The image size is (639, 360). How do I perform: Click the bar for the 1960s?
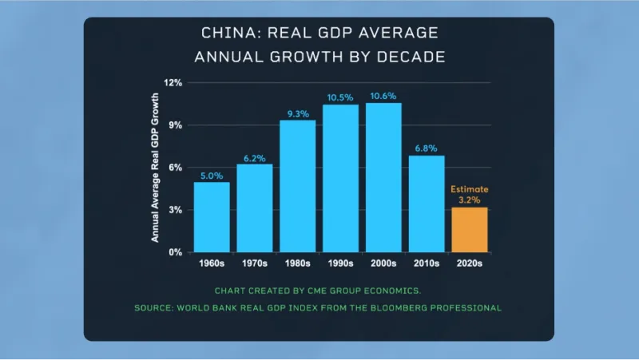pyautogui.click(x=212, y=216)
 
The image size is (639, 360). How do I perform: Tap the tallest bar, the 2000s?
pyautogui.click(x=383, y=177)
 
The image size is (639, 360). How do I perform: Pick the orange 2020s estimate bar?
pyautogui.click(x=470, y=229)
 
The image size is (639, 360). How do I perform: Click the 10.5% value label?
pyautogui.click(x=340, y=97)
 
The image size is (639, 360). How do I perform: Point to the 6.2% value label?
pyautogui.click(x=255, y=157)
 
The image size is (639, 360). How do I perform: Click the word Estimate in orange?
pyautogui.click(x=470, y=189)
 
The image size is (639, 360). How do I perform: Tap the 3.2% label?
pyautogui.click(x=470, y=200)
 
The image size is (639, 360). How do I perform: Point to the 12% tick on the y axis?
pyautogui.click(x=173, y=82)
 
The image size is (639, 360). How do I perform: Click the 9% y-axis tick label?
pyautogui.click(x=176, y=125)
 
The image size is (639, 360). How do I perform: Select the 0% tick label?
pyautogui.click(x=176, y=251)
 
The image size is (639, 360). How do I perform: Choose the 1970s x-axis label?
pyautogui.click(x=255, y=263)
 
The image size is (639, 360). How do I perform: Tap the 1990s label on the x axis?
pyautogui.click(x=340, y=263)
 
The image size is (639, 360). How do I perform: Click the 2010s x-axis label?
pyautogui.click(x=427, y=263)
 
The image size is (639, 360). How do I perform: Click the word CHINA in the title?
pyautogui.click(x=229, y=34)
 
